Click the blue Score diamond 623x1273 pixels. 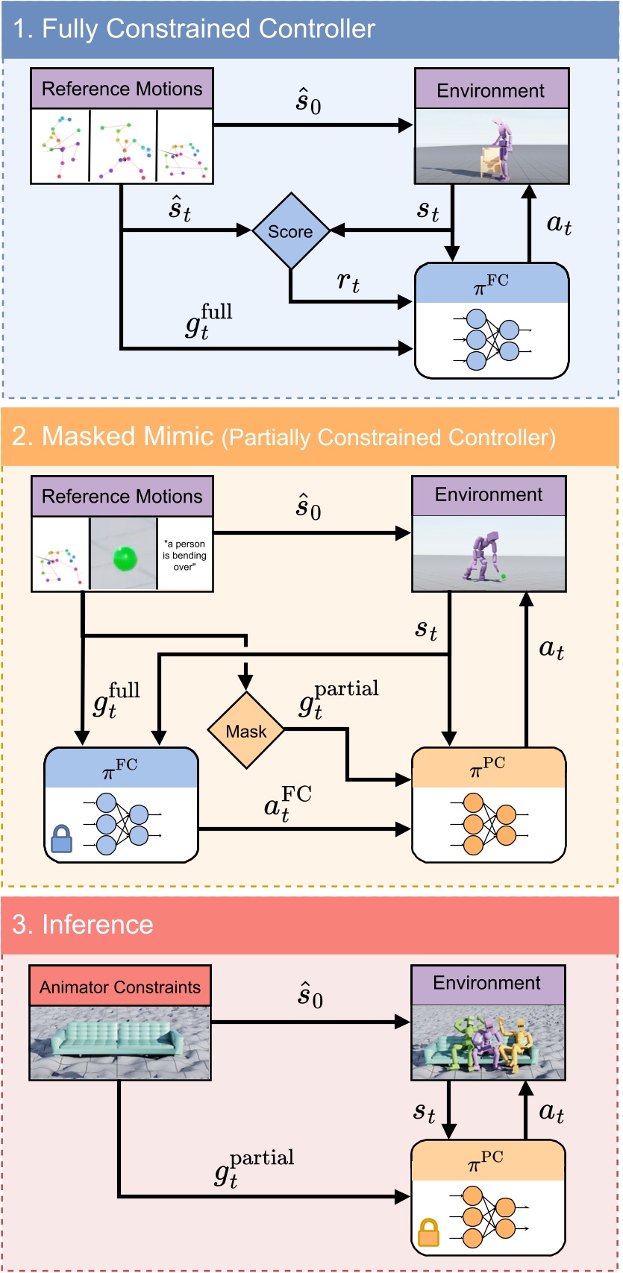(x=290, y=231)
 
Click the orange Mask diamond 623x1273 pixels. (x=245, y=731)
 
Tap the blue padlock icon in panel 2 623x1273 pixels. (x=61, y=842)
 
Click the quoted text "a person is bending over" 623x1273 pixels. (x=184, y=556)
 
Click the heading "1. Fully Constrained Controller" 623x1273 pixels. (x=194, y=29)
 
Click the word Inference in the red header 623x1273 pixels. (x=97, y=924)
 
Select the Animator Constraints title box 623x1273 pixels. (x=120, y=987)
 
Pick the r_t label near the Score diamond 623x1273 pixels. (x=348, y=281)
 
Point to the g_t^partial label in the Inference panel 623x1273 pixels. (x=254, y=1167)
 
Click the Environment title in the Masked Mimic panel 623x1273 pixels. (x=489, y=494)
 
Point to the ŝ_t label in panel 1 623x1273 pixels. (x=179, y=210)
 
